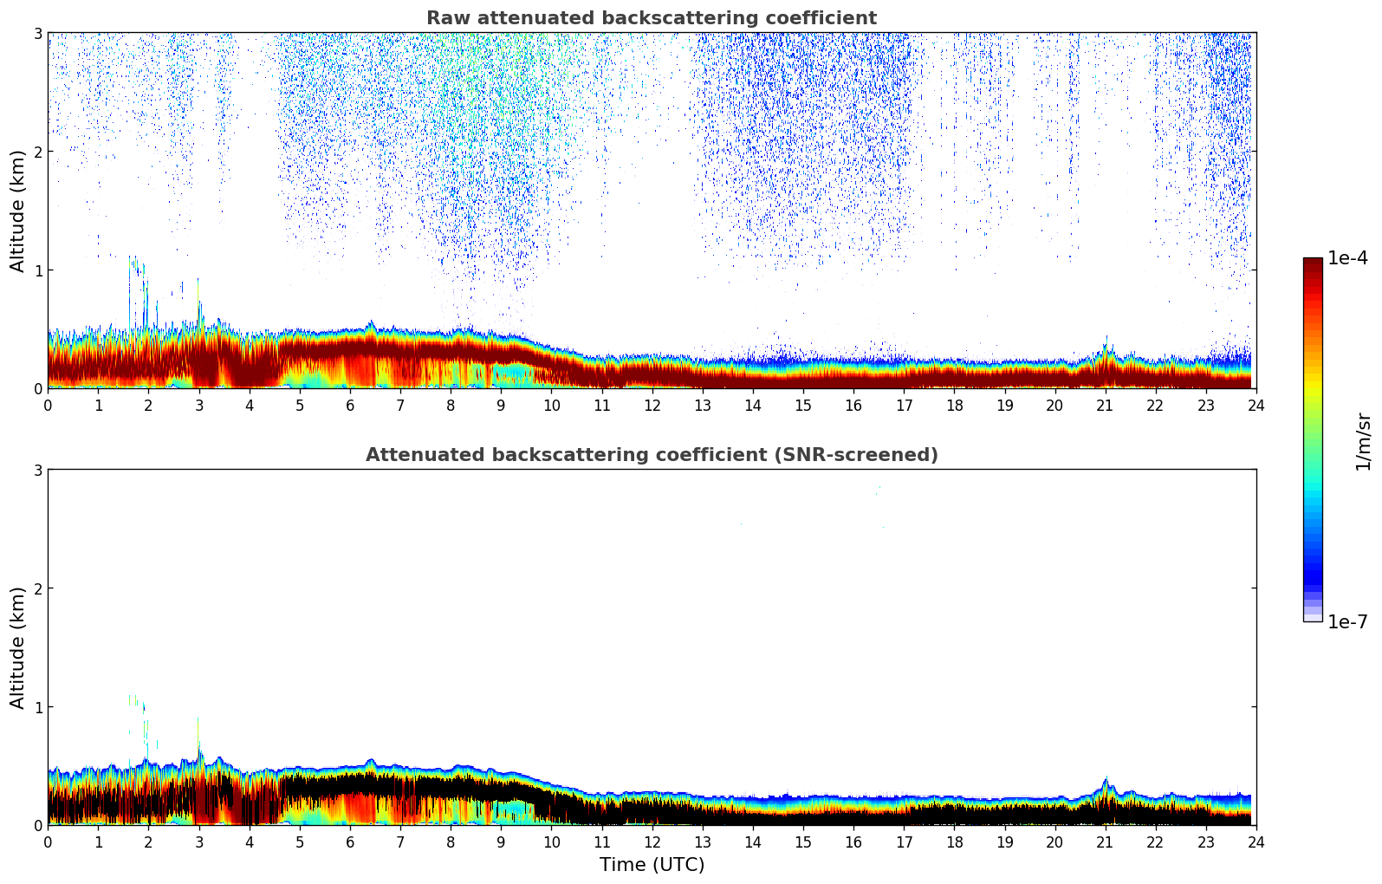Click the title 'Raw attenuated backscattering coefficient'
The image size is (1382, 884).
click(651, 18)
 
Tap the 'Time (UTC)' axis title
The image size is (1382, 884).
click(652, 865)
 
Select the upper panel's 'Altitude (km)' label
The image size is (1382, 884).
click(18, 211)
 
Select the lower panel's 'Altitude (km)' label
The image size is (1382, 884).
click(18, 647)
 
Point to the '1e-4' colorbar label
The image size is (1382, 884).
click(1347, 258)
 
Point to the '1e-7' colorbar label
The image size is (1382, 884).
click(1347, 621)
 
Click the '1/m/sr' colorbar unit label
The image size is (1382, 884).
click(1363, 441)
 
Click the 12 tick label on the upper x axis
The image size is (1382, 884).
click(652, 406)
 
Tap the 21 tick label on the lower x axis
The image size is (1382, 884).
click(1105, 842)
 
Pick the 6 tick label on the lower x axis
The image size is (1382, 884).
click(349, 842)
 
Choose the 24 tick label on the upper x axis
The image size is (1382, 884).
click(1255, 406)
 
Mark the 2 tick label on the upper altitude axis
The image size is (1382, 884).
click(37, 152)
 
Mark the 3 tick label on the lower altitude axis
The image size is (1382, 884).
click(37, 470)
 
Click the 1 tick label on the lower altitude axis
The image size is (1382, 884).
click(37, 707)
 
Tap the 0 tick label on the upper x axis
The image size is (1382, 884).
click(48, 406)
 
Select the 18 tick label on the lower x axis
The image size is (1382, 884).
click(954, 842)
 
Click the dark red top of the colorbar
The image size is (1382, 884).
click(1313, 263)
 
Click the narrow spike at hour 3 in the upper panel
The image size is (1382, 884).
click(198, 295)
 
